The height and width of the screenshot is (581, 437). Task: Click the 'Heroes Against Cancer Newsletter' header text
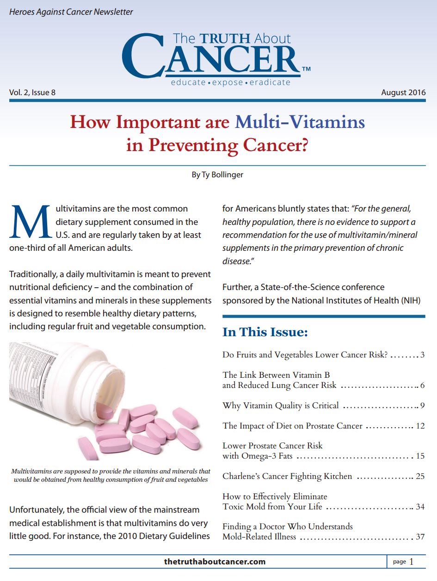(71, 12)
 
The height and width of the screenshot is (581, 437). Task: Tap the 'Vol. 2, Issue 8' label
(32, 92)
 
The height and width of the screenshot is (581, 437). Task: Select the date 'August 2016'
(403, 92)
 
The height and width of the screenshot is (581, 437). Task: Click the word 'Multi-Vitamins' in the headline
(300, 122)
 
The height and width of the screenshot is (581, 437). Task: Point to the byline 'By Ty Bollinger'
(218, 175)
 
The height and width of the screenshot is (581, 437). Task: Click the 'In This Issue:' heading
(265, 332)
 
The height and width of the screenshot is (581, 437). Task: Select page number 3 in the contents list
(422, 355)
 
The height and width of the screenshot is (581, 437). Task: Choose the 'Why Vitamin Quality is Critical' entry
(280, 405)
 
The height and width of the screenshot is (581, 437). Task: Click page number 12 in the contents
(420, 426)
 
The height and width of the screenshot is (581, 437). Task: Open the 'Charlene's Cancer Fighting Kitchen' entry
(287, 476)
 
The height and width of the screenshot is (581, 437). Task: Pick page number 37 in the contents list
(420, 537)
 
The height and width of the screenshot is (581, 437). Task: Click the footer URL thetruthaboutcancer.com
(215, 562)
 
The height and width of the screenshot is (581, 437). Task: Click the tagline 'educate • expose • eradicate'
(230, 83)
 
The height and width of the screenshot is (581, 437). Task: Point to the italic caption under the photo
(111, 475)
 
